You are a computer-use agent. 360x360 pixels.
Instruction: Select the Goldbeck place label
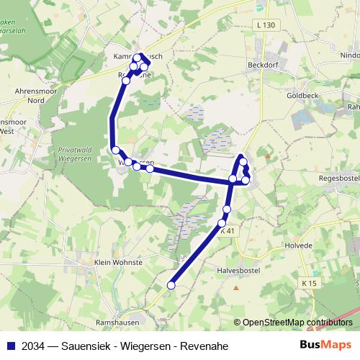click(302, 94)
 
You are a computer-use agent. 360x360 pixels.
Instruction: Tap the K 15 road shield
click(310, 283)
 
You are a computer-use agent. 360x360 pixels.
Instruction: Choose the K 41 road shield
click(227, 231)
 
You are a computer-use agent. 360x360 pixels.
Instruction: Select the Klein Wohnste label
click(117, 263)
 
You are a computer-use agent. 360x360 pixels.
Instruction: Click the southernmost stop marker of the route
click(171, 286)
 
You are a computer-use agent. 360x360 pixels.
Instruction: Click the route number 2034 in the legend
click(31, 346)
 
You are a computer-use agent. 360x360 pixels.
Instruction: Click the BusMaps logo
click(326, 345)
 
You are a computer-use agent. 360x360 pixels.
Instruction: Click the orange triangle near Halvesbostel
click(235, 288)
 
